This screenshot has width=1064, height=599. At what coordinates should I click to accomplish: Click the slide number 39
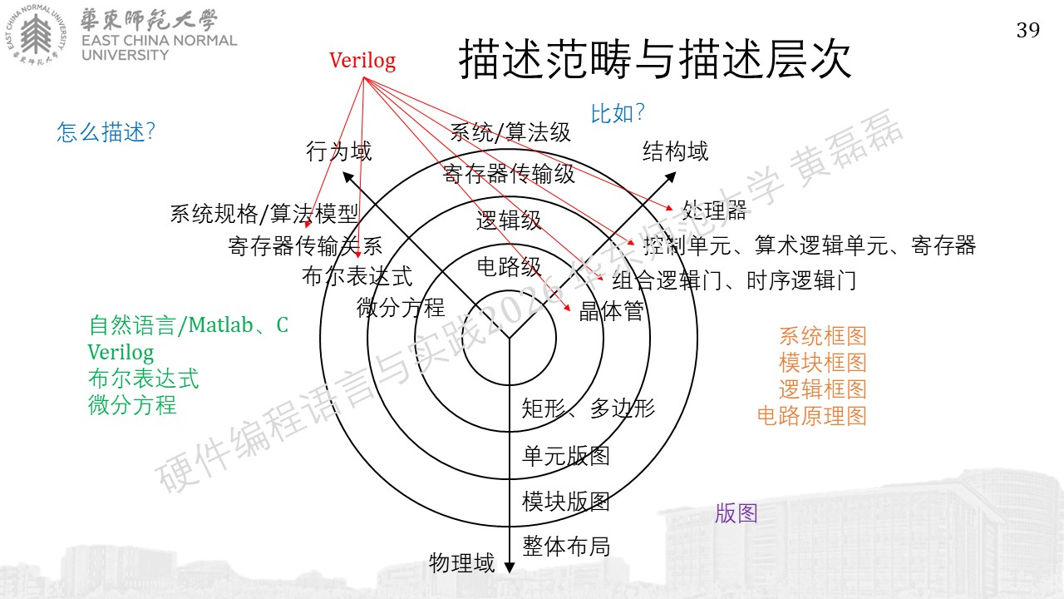1028,30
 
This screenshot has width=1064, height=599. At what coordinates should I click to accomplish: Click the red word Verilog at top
362,61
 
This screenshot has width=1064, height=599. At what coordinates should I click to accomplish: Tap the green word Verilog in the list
121,352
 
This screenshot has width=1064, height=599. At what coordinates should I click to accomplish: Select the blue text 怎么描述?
106,131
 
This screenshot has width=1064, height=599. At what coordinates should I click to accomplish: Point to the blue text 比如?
618,114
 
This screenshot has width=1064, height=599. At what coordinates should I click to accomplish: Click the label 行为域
338,151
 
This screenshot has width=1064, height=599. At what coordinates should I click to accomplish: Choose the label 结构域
675,151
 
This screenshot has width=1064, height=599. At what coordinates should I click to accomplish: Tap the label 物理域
461,563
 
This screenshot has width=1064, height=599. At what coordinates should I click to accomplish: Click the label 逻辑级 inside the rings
509,220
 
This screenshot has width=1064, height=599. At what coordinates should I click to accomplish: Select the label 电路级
509,267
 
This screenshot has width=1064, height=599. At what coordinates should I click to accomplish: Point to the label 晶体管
611,311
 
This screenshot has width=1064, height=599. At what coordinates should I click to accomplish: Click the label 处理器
714,210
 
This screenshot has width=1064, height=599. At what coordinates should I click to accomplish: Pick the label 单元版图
566,456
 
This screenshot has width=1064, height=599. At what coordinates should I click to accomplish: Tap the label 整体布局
566,546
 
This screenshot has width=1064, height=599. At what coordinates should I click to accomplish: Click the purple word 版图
736,513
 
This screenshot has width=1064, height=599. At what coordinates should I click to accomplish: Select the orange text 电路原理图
812,415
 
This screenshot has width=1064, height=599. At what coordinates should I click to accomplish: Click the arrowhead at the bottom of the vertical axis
510,567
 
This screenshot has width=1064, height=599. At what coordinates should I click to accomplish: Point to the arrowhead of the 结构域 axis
670,177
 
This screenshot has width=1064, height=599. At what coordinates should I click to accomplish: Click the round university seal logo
36,34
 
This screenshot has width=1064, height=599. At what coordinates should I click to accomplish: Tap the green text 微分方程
132,405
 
